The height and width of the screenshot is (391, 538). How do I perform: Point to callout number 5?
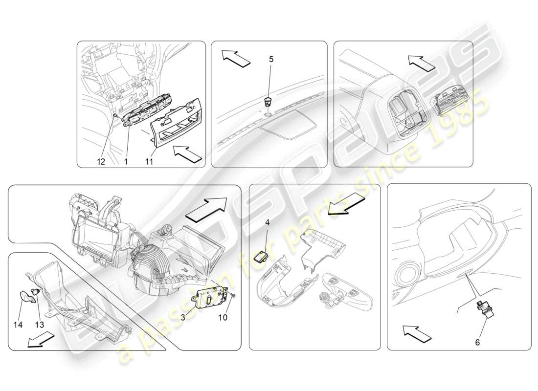[271, 59]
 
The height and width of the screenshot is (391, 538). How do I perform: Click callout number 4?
[267, 222]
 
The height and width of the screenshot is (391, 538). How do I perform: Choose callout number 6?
[477, 343]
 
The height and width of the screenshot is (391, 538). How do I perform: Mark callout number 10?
[223, 318]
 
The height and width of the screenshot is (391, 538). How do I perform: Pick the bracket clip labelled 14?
[25, 297]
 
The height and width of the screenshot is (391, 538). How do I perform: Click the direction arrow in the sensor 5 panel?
[235, 58]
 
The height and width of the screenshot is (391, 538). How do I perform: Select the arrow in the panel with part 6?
[417, 333]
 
